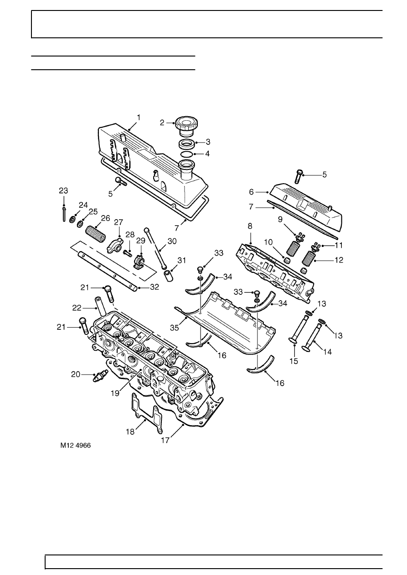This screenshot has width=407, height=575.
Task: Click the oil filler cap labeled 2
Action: coord(185,127)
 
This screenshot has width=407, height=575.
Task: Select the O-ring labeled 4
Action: coord(185,154)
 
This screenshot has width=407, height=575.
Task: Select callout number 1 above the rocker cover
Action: coord(139,117)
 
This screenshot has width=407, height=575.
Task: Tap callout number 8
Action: coord(250,226)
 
